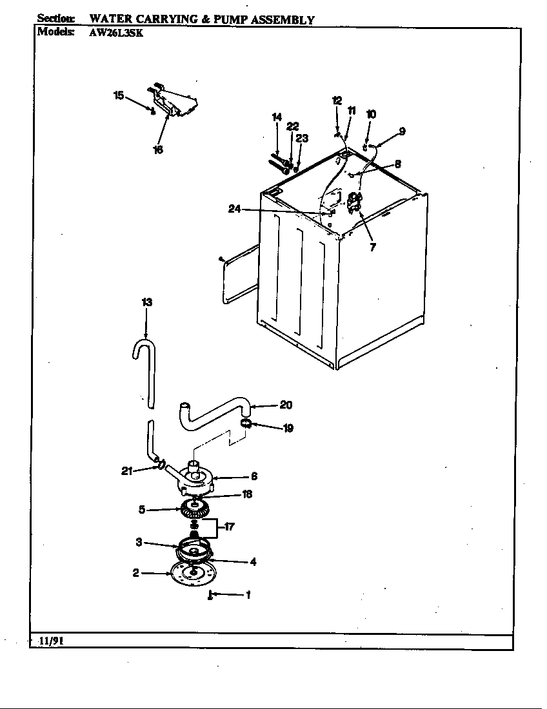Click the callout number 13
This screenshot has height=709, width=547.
click(147, 302)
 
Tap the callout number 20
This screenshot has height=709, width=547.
click(286, 405)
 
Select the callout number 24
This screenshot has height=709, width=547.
click(234, 208)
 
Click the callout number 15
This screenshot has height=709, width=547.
click(119, 95)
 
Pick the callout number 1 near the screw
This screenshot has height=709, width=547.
click(248, 595)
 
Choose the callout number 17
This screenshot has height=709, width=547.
click(228, 527)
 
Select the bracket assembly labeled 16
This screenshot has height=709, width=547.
click(174, 103)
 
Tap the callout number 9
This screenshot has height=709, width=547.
click(402, 131)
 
